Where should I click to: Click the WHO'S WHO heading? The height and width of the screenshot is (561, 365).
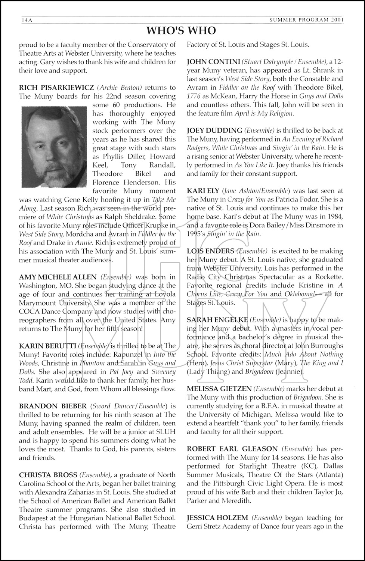181,30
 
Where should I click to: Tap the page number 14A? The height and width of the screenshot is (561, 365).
27,20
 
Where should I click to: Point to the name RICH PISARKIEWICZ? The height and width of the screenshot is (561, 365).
56,88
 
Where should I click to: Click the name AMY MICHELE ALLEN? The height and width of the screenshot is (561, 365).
58,277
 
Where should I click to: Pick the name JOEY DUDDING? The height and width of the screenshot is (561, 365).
214,131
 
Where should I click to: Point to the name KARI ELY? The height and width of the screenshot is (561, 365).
203,191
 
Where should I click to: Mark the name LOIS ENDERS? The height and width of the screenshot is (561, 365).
210,251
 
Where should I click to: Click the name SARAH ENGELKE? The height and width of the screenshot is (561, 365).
217,320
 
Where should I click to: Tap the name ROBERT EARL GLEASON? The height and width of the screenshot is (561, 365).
232,449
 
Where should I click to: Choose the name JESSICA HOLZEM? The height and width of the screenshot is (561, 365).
217,518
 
